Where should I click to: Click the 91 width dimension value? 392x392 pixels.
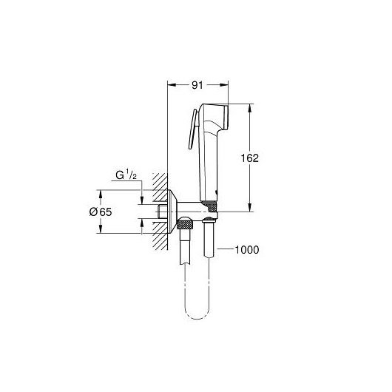[x=197, y=85]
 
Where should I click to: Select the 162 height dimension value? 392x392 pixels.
[x=249, y=158]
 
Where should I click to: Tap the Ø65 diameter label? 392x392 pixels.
[x=101, y=212]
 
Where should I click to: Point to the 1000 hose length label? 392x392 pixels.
[x=247, y=250]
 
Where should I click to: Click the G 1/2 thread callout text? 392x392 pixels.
[x=126, y=175]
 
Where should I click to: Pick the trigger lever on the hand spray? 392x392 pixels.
[x=193, y=129]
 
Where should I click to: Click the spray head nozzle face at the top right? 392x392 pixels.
[x=226, y=117]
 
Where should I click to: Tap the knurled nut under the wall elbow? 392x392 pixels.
[x=185, y=223]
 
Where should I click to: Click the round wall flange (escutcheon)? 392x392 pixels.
[x=172, y=212]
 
